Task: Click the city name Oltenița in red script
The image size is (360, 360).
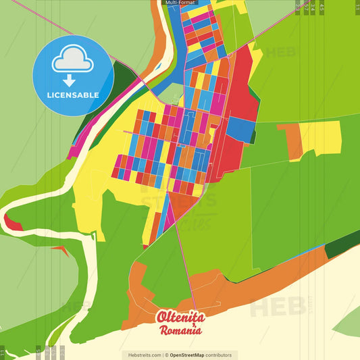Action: [x=180, y=317]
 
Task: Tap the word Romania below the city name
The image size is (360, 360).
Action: [x=180, y=330]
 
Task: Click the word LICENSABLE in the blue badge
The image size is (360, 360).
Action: [x=73, y=95]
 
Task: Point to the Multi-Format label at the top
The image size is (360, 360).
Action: [x=180, y=3]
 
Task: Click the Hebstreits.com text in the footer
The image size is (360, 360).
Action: [x=143, y=355]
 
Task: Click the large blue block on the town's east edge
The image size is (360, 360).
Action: [x=240, y=128]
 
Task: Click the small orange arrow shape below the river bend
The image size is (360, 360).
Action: [x=61, y=251]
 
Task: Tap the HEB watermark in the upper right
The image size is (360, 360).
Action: [x=280, y=52]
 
